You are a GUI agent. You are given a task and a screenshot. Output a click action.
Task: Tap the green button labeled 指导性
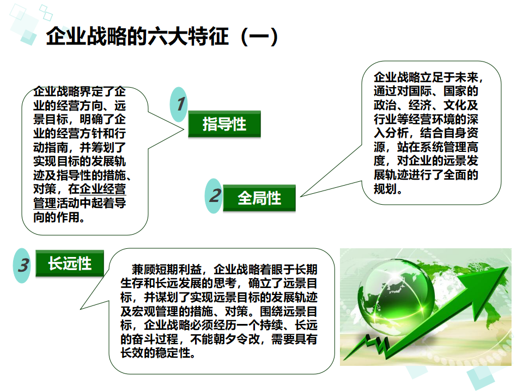coord(224,124)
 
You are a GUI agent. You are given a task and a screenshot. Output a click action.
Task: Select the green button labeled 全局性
coord(259,198)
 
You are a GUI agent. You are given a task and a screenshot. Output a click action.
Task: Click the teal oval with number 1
coord(180,104)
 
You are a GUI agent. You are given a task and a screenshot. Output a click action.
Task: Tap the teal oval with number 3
coord(22,266)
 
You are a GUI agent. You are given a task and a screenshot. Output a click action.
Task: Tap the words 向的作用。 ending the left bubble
coord(59,218)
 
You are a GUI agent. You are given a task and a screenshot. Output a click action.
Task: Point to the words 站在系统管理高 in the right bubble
coord(433,148)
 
